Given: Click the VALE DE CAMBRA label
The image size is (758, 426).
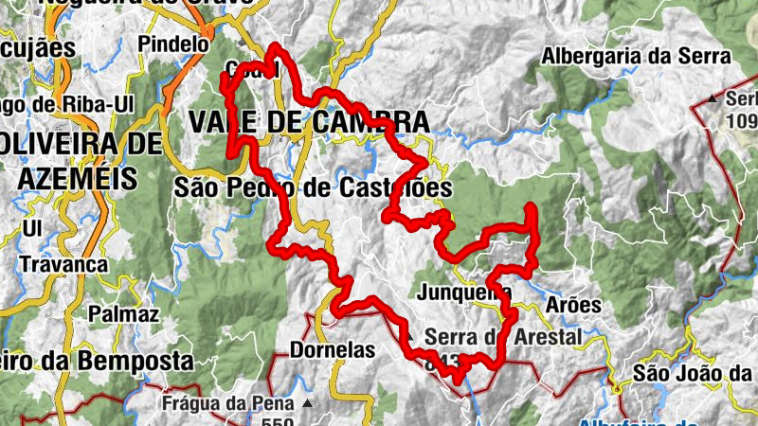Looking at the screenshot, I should (x=308, y=122).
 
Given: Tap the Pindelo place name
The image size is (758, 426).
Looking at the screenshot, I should (x=172, y=44).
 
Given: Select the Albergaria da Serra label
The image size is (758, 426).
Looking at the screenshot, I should (x=636, y=56).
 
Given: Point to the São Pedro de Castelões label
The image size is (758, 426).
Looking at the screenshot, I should (x=313, y=187).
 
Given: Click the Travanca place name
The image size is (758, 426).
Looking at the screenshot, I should (x=63, y=264).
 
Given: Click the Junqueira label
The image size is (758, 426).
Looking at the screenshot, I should (x=463, y=292).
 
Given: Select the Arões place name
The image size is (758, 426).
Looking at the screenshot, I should (x=574, y=305).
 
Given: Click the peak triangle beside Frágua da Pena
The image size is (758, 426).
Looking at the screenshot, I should (x=307, y=403).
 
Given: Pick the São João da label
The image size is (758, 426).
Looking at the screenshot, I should (x=695, y=372).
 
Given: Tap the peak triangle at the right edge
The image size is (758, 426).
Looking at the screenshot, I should (x=712, y=98).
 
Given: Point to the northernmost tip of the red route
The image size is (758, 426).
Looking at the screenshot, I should (x=275, y=45).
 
